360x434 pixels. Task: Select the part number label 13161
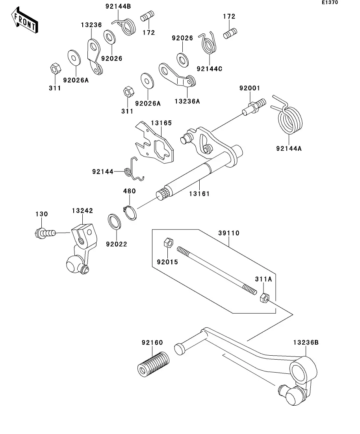tap(199, 194)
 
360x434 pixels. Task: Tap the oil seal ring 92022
tap(115, 223)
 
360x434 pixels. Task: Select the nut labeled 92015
tap(167, 242)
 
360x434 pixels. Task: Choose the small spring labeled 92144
tap(133, 170)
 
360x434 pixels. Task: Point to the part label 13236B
tap(306, 342)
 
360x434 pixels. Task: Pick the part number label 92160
tap(152, 343)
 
